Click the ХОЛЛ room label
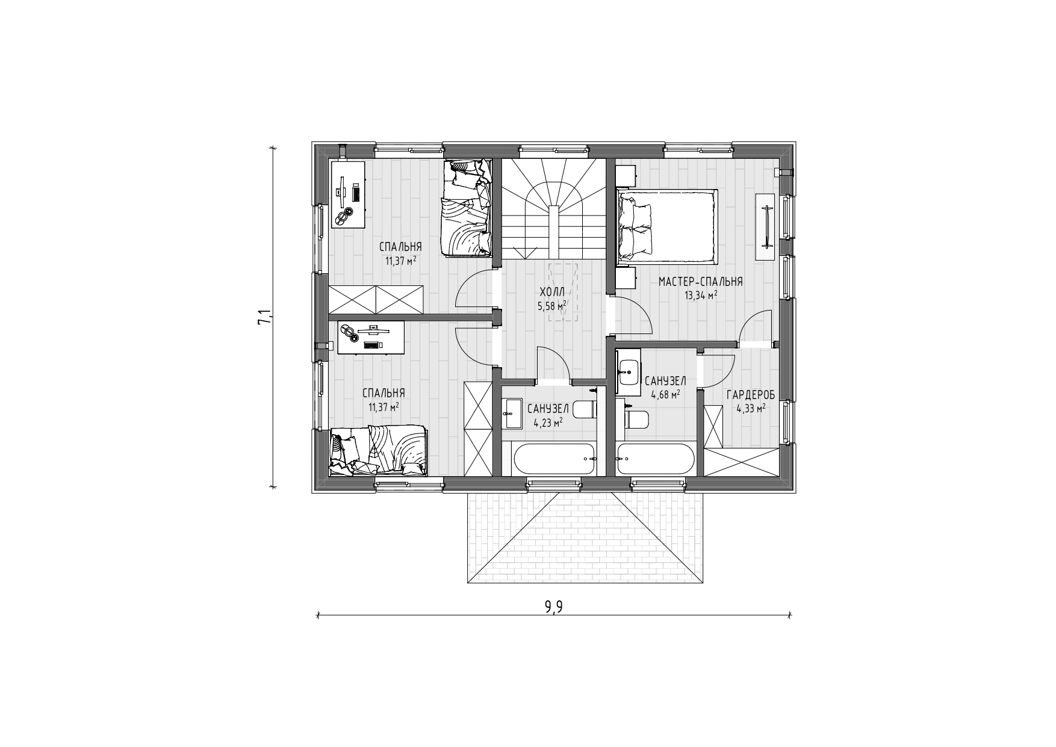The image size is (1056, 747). coord(552,292)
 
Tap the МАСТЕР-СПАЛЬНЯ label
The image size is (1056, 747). coord(700,282)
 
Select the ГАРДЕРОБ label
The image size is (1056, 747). coord(751,395)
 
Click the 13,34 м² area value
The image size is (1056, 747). coord(700,295)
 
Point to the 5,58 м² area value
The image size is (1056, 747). coord(552,306)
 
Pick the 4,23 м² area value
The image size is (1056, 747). coord(548,422)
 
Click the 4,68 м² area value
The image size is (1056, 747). coord(665,395)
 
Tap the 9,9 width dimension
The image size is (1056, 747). coord(553,607)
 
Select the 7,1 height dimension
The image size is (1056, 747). coord(264,317)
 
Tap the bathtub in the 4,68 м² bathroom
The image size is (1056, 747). coord(656,459)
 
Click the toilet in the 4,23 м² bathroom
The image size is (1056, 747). coord(585,410)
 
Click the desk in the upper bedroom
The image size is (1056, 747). coord(349,194)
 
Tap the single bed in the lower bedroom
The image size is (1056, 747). coord(379,451)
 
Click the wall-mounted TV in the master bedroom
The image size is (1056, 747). coord(766,226)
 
